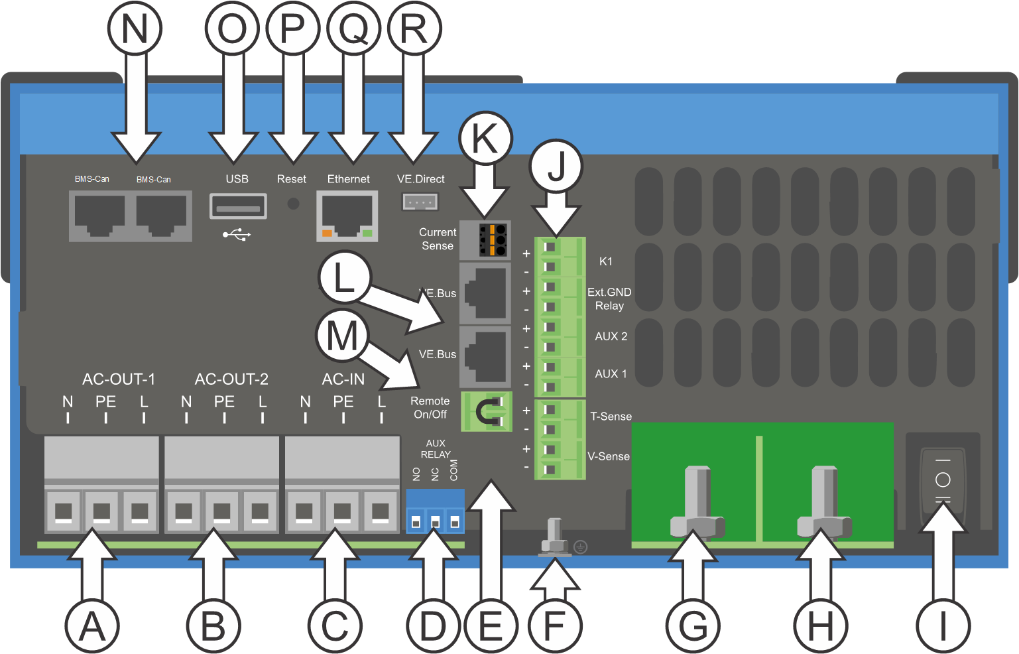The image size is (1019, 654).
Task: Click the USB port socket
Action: coord(238,206)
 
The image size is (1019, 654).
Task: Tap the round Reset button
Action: coord(293,204)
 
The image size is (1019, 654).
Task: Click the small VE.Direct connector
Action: coord(420,201)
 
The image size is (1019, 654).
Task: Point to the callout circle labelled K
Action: coord(485,139)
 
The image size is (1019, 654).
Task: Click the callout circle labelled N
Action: coord(135,29)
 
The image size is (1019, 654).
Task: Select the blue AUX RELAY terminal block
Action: coord(435,512)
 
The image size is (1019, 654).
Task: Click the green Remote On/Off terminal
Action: coord(487,411)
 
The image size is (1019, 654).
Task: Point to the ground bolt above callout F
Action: coord(554,537)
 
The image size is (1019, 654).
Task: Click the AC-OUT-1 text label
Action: coord(119,379)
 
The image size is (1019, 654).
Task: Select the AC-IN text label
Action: coord(343,379)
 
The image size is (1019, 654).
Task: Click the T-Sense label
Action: coord(611,417)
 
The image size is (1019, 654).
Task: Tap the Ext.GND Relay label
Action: coord(609,299)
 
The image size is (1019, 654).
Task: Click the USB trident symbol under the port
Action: coord(237,234)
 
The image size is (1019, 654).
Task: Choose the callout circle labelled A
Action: coord(92,625)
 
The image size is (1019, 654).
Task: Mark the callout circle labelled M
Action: coord(343,335)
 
